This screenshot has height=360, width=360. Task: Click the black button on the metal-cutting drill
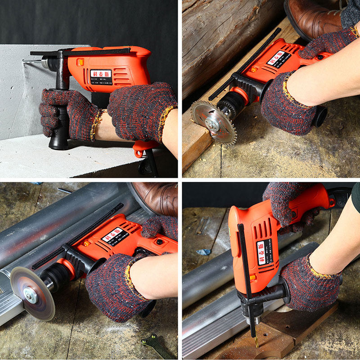click(159, 242)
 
